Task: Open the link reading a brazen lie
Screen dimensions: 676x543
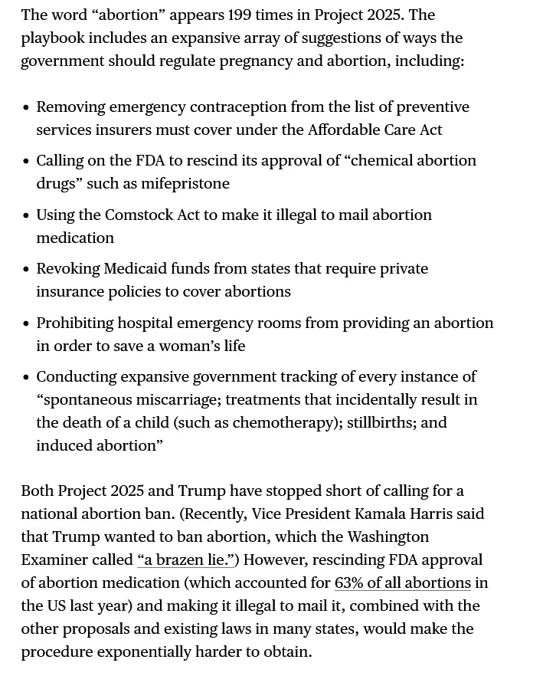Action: coord(188,560)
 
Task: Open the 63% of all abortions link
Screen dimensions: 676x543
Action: coord(403,583)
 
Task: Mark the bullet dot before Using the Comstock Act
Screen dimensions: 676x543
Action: coord(27,216)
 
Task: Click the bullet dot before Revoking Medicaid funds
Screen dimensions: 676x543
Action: coord(27,270)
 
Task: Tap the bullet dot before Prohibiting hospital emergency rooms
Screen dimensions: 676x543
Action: coord(27,324)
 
